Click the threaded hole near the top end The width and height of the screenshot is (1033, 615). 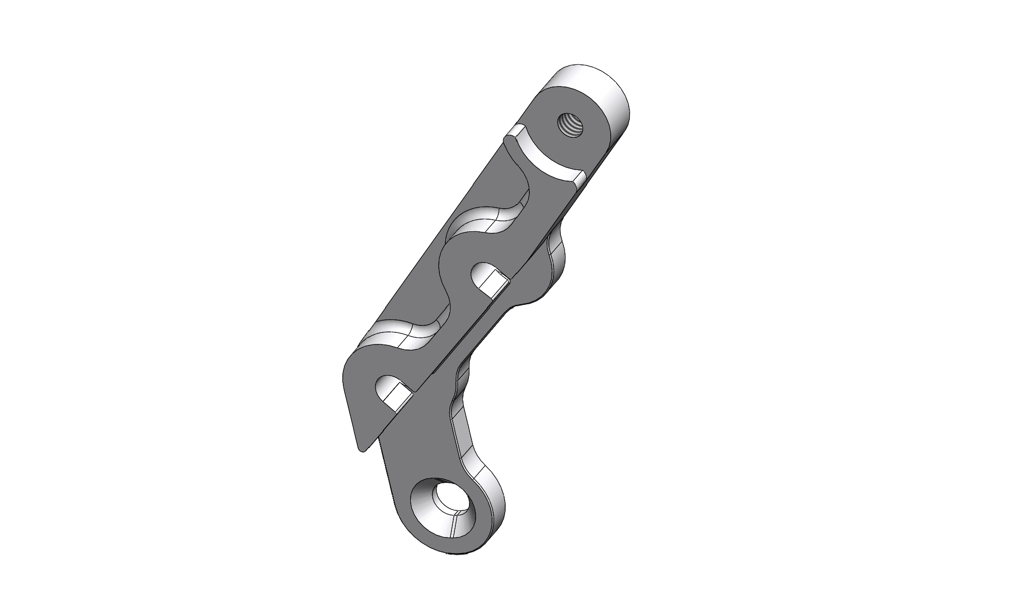[570, 125]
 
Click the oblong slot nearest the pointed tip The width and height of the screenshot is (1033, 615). [393, 391]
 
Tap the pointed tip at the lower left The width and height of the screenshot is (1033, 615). [360, 447]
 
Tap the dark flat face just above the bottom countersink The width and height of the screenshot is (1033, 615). [422, 453]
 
